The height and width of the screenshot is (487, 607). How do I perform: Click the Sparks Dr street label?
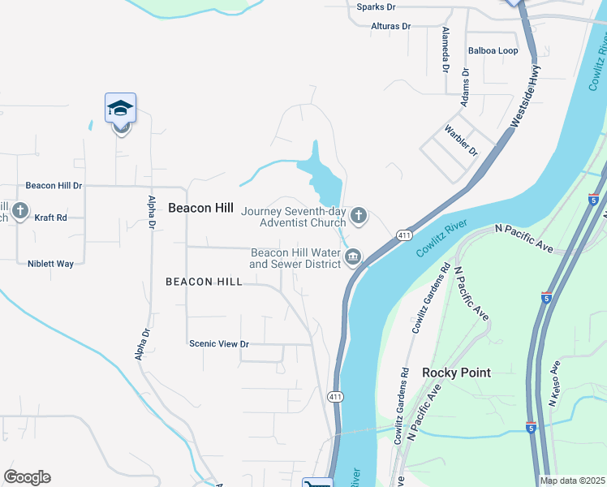click(x=376, y=6)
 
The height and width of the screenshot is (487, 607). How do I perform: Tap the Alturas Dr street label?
click(x=390, y=26)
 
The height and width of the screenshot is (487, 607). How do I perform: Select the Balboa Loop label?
click(x=493, y=50)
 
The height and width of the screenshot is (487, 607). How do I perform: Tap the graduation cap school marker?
click(x=120, y=108)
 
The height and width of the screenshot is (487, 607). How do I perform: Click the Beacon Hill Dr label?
click(x=54, y=185)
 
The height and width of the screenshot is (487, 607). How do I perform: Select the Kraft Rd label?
click(x=50, y=218)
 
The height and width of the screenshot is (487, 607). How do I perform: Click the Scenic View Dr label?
click(x=218, y=344)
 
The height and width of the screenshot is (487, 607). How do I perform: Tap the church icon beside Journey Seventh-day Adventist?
click(x=359, y=216)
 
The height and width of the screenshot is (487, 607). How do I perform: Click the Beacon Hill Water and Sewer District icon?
click(x=352, y=258)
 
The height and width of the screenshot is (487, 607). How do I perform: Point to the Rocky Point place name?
click(x=456, y=373)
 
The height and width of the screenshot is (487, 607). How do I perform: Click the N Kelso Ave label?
click(x=555, y=383)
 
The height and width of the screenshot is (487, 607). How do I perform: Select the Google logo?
click(x=27, y=477)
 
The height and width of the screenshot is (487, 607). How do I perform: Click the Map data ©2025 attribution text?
click(x=572, y=481)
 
